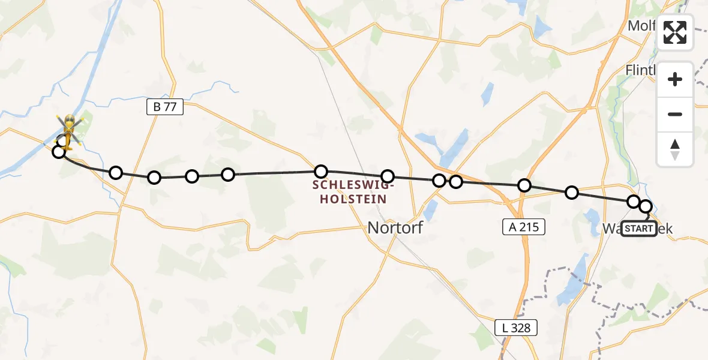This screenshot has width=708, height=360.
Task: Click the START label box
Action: coord(639,229)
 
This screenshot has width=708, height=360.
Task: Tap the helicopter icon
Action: coord(69,130)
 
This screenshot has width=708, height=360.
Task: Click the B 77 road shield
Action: coord(164,107)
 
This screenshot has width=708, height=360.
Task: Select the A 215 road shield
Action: coord(523,227)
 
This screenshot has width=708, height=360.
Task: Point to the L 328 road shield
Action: coord(516,328)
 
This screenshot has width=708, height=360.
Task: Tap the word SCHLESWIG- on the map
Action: coord(349,186)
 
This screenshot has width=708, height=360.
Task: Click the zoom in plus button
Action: coord(675,80)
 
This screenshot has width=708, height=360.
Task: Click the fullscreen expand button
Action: coord(675,32)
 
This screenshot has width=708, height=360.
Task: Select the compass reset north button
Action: coord(675,149)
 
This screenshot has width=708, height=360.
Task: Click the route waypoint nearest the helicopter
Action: coord(59,152)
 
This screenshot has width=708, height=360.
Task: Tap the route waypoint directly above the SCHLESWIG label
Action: coord(322,172)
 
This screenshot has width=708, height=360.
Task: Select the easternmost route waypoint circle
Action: coord(646,206)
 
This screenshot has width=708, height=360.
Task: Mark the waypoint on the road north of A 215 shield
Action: coord(524,185)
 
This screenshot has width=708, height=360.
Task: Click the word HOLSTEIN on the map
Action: coord(349,199)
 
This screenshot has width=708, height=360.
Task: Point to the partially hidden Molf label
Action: coord(640,26)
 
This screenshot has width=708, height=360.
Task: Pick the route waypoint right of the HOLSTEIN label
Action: coord(388,176)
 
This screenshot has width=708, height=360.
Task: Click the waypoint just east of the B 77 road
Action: coord(154,178)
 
